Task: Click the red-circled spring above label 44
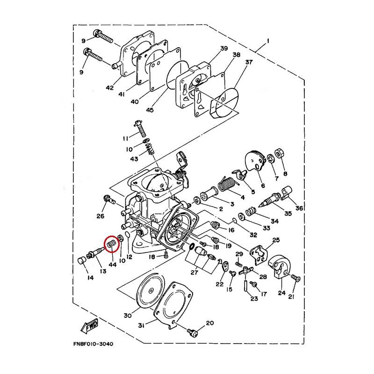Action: (x=111, y=244)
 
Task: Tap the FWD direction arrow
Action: (x=90, y=326)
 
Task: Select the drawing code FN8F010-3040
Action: (x=93, y=344)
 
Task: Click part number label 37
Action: (x=249, y=62)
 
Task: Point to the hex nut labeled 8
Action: (x=279, y=153)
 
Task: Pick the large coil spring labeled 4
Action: (x=227, y=184)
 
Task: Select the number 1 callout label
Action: (x=268, y=41)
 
